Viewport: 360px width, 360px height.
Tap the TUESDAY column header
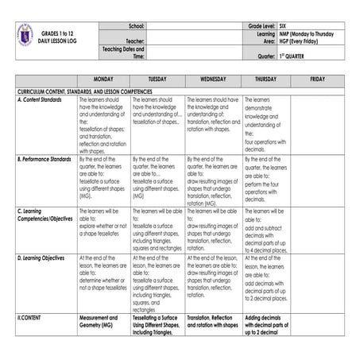tap(157, 80)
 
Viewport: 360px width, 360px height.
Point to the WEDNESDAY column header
tap(213, 80)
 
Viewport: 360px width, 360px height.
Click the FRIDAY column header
tap(318, 80)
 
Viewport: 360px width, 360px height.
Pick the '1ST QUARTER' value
tap(288, 56)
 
